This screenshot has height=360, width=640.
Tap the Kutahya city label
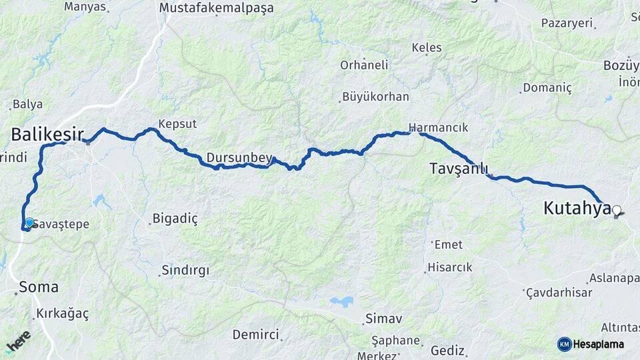point(577,208)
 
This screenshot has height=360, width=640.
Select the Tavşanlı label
point(459,169)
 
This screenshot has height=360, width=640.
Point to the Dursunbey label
point(239,158)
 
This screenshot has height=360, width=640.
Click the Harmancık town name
point(439,127)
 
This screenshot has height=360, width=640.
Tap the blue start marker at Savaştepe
point(29,223)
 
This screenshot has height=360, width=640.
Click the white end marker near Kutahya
point(617,211)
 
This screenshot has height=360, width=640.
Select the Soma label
point(39,287)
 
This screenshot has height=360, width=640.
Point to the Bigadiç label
point(175,218)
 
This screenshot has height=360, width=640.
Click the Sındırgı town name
point(185,271)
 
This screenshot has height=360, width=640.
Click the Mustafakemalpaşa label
point(217,8)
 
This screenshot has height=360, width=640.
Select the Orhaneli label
point(364,65)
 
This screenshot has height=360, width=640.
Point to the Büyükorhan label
point(375,97)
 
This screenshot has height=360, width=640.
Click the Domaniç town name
point(547,87)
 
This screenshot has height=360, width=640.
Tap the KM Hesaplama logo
point(591,344)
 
